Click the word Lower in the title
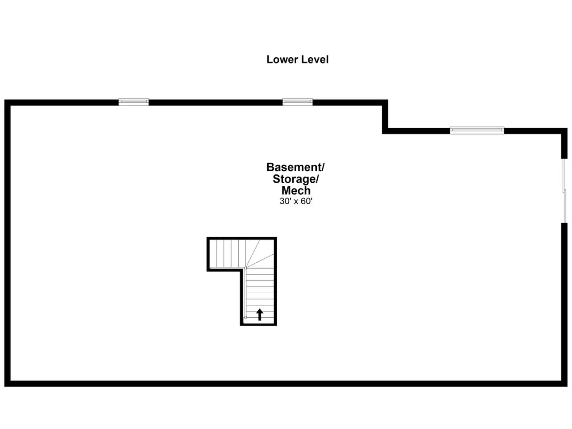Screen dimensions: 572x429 282,59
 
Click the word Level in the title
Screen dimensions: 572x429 315,59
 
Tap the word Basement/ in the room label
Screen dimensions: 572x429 295,167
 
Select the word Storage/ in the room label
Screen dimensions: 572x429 296,179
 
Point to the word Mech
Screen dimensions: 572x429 296,191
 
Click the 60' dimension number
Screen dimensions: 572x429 307,202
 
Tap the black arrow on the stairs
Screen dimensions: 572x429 260,315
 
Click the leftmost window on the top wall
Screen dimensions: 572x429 134,102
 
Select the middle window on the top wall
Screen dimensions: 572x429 298,102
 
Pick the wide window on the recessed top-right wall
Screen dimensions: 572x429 477,130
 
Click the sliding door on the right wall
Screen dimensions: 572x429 564,191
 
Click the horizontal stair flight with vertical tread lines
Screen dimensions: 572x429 227,254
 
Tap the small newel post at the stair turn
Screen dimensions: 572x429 245,268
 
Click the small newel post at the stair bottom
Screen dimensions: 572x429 245,317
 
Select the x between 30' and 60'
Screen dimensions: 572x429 296,202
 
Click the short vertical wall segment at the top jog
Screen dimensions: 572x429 385,117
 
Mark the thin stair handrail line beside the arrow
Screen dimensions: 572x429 246,293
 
